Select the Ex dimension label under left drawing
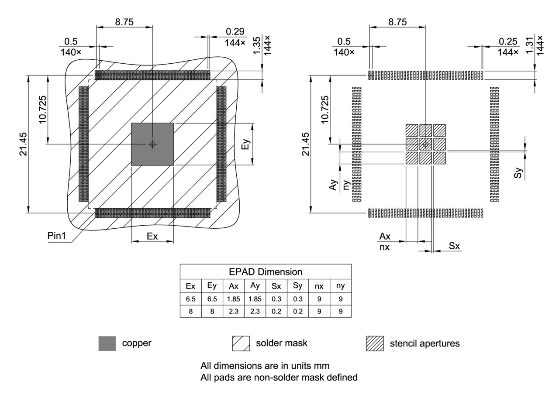152,236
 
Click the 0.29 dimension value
235,32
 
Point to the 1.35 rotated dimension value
257,45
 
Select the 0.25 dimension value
508,41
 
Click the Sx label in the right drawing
454,246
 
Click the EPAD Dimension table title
266,272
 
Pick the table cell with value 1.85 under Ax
234,299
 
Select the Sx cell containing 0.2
276,312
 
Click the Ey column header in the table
212,286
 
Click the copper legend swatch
107,343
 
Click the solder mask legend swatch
241,343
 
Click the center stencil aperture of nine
426,144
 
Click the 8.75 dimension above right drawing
397,22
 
